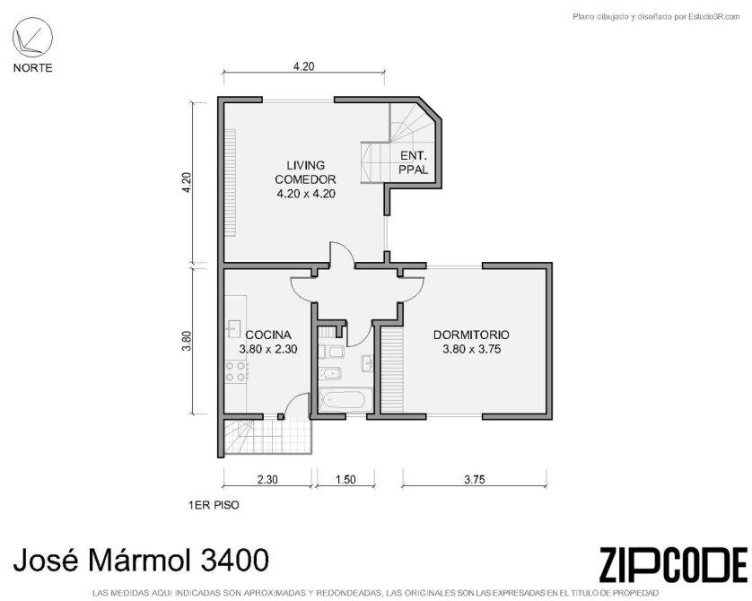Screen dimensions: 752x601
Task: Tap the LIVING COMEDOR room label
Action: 305,172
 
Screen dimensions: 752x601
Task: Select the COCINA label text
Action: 268,335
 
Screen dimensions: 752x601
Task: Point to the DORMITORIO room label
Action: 471,335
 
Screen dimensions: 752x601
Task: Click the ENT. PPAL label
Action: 414,162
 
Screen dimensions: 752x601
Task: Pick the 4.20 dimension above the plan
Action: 303,66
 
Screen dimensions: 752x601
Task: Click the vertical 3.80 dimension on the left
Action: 187,341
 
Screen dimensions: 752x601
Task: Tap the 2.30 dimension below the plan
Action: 267,479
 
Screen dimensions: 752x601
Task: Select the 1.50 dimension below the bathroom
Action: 345,479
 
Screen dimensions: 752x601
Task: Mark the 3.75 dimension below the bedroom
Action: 475,479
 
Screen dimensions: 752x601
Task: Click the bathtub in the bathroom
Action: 345,400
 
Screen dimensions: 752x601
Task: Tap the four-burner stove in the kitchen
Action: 236,371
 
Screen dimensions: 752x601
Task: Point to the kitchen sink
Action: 233,329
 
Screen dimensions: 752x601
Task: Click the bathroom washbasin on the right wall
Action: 367,362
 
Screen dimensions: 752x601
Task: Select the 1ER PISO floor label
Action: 214,505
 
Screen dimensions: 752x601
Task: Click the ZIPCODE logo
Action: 673,564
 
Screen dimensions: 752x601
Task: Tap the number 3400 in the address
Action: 233,560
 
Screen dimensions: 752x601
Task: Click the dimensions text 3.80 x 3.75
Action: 471,349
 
